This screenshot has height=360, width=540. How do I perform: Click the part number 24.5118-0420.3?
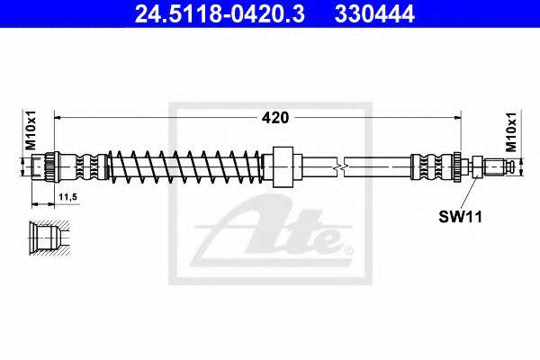point(220,13)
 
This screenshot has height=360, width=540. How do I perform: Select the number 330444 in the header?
point(374,13)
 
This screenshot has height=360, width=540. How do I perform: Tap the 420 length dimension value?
point(275,118)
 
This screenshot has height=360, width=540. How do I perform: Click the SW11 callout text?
point(461,217)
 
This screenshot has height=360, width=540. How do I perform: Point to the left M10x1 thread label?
point(31,130)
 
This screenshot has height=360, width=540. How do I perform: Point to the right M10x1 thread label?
point(511,131)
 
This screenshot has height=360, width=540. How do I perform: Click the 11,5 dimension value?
point(68,197)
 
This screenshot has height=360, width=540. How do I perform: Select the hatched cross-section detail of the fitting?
point(49,238)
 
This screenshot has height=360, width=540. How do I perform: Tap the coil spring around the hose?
point(184,166)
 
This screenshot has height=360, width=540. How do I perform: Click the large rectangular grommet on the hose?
point(283,166)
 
